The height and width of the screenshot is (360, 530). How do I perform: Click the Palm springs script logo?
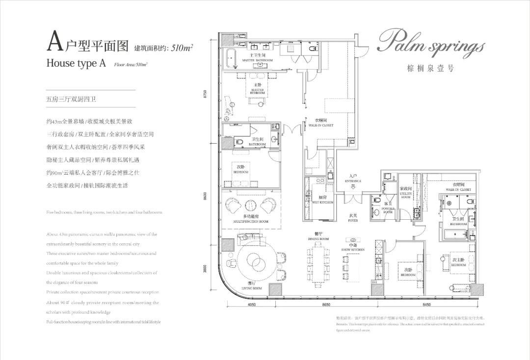click(x=430, y=45)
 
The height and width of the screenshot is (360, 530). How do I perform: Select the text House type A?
click(x=76, y=63)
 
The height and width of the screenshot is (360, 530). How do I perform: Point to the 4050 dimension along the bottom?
click(x=251, y=305)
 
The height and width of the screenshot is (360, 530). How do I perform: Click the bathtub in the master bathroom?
click(x=232, y=58)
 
